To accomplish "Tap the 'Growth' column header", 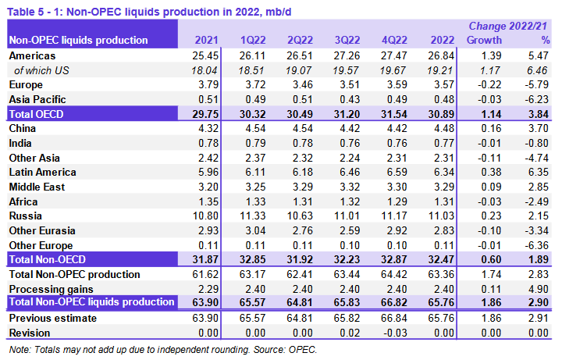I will [484, 40].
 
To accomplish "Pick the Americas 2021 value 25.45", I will [207, 55].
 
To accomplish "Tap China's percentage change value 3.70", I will [539, 128].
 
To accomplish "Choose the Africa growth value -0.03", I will [488, 201].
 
